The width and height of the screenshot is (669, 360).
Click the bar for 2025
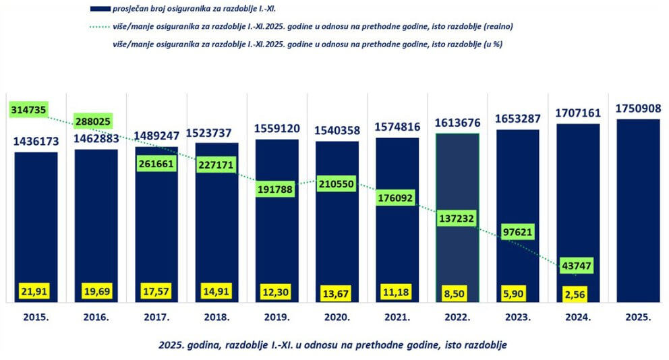point(638,209)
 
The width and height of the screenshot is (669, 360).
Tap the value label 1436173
point(36,142)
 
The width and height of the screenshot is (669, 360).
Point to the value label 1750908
point(638,109)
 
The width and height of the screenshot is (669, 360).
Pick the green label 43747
point(575,266)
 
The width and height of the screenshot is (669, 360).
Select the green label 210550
point(337,183)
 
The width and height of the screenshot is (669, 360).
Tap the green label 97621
point(517,232)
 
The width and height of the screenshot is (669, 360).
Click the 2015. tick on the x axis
point(36,317)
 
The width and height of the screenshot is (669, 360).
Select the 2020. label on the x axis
point(337,317)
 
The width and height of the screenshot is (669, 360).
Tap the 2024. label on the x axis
point(577,317)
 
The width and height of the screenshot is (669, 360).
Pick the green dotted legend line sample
point(100,27)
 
